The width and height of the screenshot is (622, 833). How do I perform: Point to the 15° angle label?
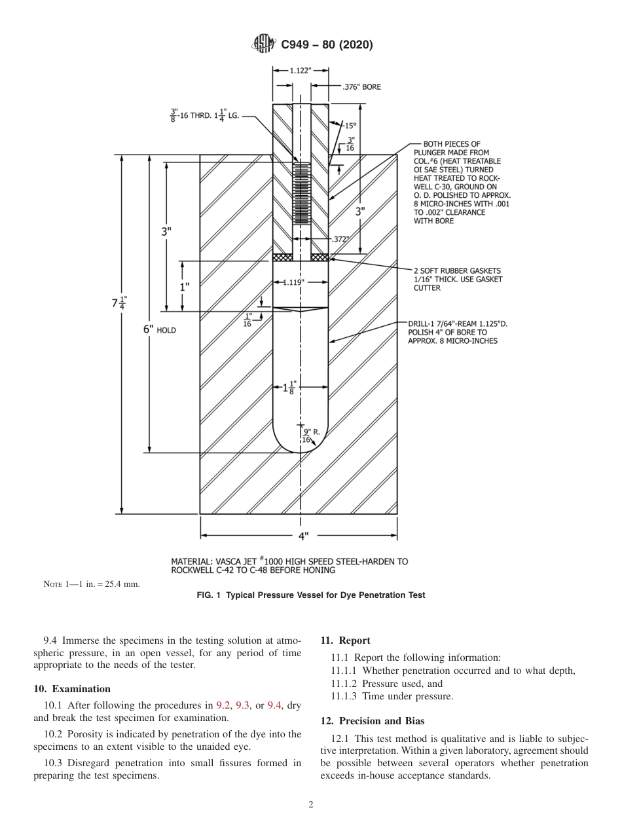pyautogui.click(x=350, y=125)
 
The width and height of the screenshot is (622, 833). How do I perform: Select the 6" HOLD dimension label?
pyautogui.click(x=159, y=330)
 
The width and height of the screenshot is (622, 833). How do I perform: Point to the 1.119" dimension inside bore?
pyautogui.click(x=293, y=282)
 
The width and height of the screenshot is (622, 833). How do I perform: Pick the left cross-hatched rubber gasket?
pyautogui.click(x=282, y=257)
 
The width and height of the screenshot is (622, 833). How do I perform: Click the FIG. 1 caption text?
pyautogui.click(x=310, y=595)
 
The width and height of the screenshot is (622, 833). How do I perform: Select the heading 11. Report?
pyautogui.click(x=345, y=640)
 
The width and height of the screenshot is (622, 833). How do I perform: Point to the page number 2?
pyautogui.click(x=310, y=805)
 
